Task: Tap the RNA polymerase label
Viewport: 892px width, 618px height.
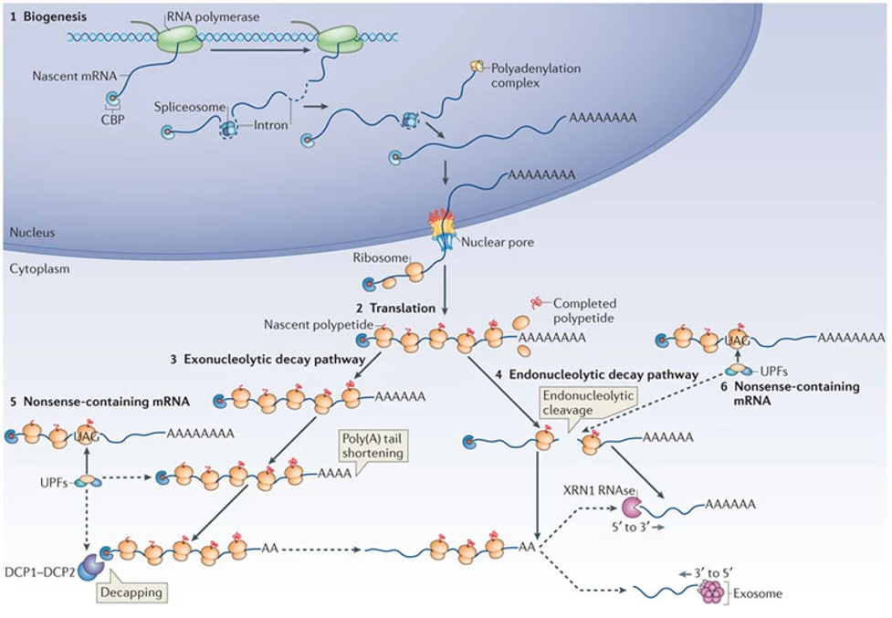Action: tap(212, 16)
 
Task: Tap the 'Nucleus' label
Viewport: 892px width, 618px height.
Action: tap(32, 233)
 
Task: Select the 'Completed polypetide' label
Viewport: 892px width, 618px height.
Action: tap(585, 310)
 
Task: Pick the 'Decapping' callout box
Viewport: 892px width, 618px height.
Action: tap(132, 592)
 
